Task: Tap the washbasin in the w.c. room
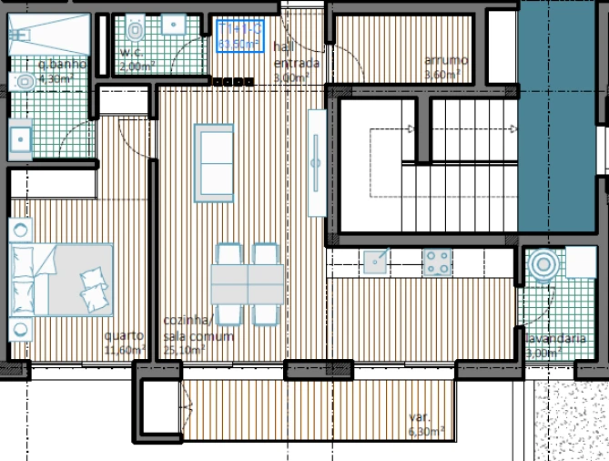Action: pyautogui.click(x=169, y=26)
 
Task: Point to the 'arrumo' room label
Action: pyautogui.click(x=440, y=61)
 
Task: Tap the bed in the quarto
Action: pyautogui.click(x=62, y=279)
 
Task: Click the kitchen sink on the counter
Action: pyautogui.click(x=376, y=261)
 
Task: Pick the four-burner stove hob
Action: pyautogui.click(x=437, y=263)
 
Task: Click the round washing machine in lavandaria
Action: pyautogui.click(x=543, y=265)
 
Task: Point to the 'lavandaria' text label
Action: pyautogui.click(x=555, y=339)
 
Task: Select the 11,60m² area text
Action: pyautogui.click(x=125, y=349)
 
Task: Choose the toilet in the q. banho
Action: pyautogui.click(x=25, y=83)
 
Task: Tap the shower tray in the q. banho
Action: pyautogui.click(x=51, y=35)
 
